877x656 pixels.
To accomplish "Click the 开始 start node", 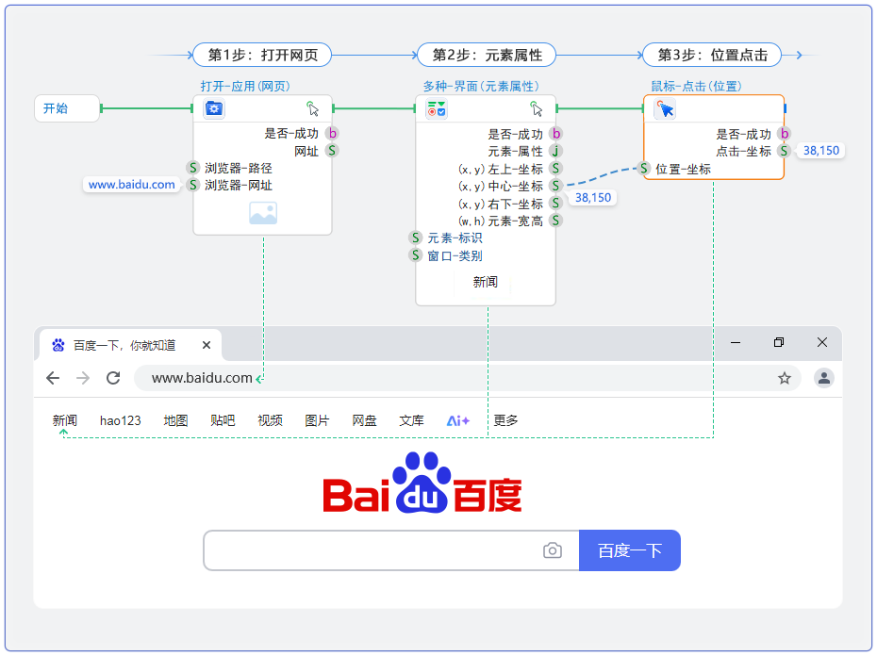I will [x=66, y=108].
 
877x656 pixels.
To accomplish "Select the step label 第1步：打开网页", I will [x=262, y=55].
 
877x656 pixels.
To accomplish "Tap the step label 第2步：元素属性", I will [x=487, y=55].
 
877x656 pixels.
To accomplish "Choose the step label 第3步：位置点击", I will [x=712, y=55].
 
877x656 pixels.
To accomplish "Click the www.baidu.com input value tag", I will [x=132, y=185].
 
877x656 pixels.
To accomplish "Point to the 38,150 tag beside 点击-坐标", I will [x=820, y=151].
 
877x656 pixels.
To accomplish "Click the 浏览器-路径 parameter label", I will [x=238, y=168].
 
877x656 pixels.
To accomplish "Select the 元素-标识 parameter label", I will [x=455, y=238].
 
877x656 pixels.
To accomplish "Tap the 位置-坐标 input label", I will [x=683, y=169].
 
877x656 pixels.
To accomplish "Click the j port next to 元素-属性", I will [x=556, y=151].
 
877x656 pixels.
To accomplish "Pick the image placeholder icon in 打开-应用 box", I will [x=262, y=213].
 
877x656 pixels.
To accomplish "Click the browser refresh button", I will [x=113, y=378].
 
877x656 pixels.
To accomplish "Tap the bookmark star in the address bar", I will [x=784, y=378].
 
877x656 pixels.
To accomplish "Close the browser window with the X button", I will [x=822, y=343].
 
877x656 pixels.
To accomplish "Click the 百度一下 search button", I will [x=630, y=550].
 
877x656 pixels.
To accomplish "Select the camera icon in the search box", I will [x=553, y=550].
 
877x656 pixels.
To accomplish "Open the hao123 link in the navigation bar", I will [x=121, y=420].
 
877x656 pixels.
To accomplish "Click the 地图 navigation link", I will [x=175, y=420].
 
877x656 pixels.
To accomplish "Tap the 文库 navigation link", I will [x=411, y=420].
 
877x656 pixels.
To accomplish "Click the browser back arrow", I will [x=53, y=378].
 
